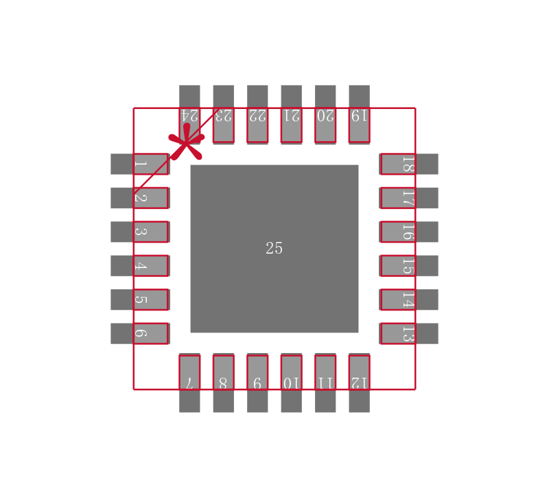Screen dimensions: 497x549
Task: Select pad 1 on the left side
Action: point(139,164)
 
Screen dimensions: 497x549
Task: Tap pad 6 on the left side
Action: point(139,333)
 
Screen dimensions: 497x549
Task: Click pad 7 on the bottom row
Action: point(189,383)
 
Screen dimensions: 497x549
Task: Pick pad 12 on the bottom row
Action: point(359,383)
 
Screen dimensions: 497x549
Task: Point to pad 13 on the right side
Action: point(409,333)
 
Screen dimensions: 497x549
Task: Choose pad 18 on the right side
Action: point(409,164)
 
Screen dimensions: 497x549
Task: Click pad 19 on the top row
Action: point(359,114)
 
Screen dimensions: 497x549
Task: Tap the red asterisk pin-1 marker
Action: point(186,142)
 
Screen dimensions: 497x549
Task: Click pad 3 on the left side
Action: point(139,232)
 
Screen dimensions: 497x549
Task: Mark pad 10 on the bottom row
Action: point(291,383)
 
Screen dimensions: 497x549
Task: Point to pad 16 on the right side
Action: point(409,232)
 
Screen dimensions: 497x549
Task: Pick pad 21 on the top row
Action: point(291,114)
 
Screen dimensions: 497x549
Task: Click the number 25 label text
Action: point(274,248)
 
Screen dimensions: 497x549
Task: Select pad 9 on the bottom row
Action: point(257,383)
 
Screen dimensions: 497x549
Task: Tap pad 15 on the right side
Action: point(409,265)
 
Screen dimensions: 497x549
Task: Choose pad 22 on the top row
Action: point(257,114)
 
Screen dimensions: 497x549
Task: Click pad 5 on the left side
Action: point(139,300)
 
